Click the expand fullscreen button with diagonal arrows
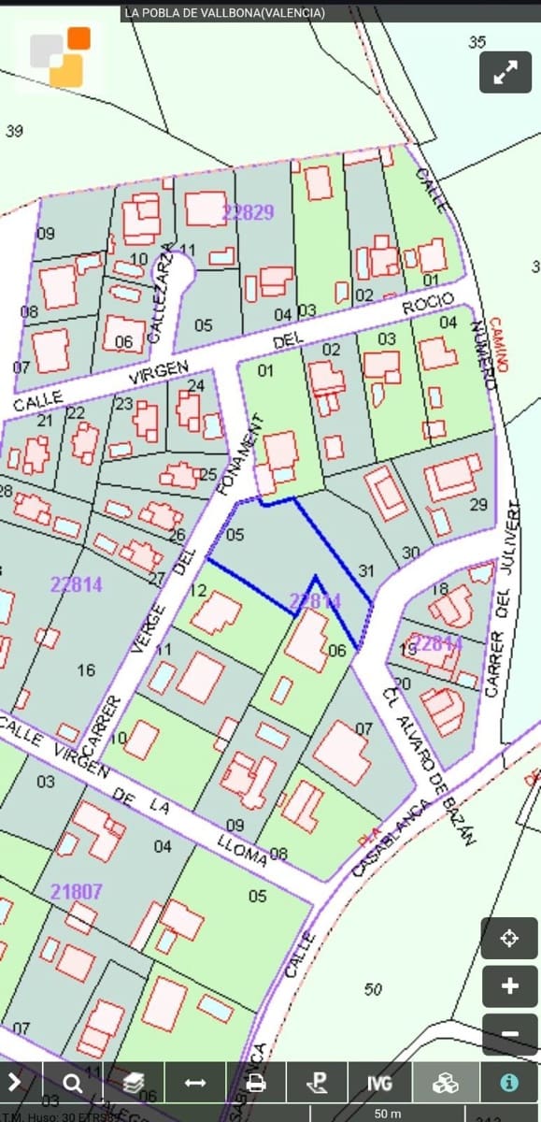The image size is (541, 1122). [505, 72]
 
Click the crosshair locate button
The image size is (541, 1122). [509, 938]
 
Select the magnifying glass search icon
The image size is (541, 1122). [72, 1083]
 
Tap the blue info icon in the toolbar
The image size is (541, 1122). [509, 1083]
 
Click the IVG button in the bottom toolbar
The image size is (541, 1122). [379, 1083]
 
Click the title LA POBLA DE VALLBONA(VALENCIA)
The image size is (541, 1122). [224, 12]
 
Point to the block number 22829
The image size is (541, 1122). [248, 212]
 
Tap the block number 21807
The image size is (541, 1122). [76, 892]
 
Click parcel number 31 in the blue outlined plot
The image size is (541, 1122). [366, 570]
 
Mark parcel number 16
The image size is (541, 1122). [86, 669]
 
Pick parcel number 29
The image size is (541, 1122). [478, 505]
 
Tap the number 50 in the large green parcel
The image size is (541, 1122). [374, 989]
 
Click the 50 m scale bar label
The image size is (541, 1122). [387, 1114]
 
